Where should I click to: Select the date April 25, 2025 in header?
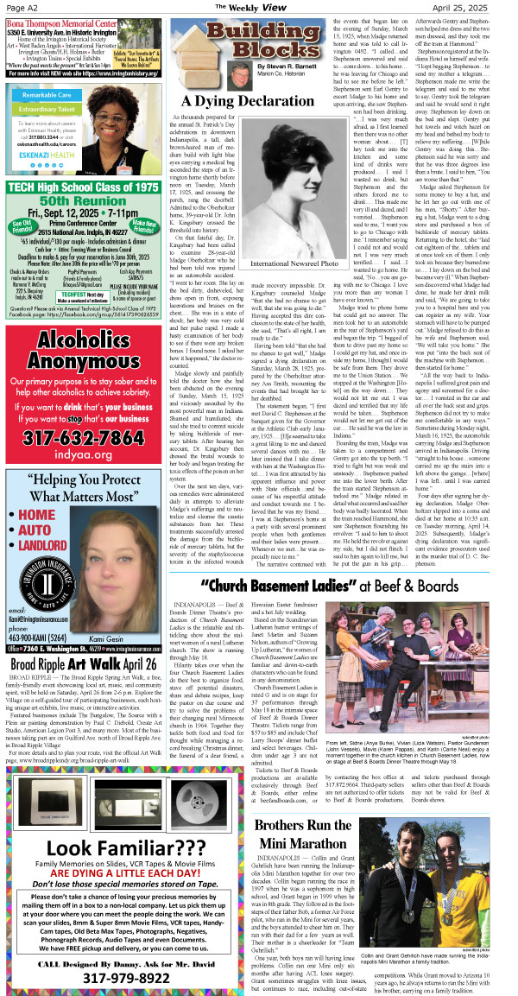click(x=473, y=7)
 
